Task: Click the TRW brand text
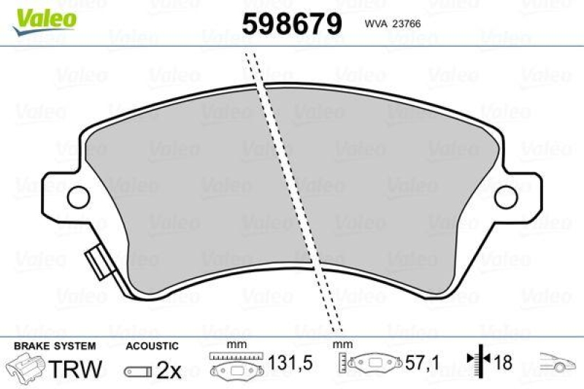75,369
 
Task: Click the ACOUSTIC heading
152,346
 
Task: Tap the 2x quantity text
169,370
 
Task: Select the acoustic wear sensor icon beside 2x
138,371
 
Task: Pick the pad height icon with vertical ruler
372,363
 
